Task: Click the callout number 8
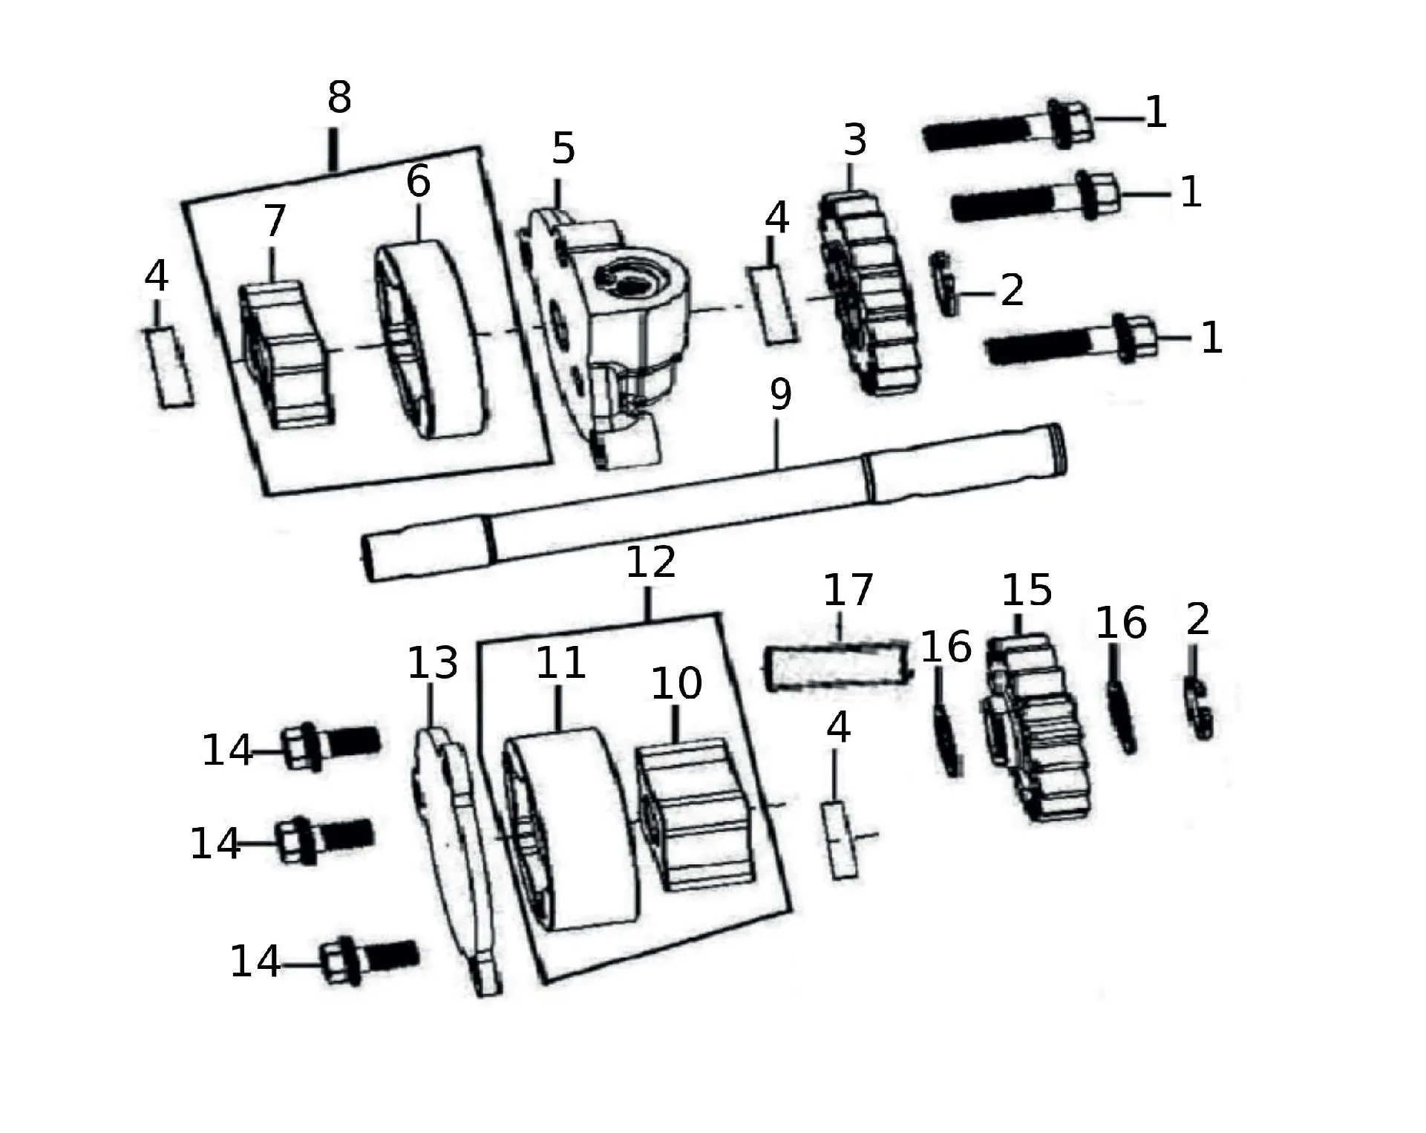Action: pyautogui.click(x=339, y=97)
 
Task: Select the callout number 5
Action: pyautogui.click(x=563, y=148)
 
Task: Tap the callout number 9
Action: pyautogui.click(x=780, y=394)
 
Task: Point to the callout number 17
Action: pyautogui.click(x=848, y=590)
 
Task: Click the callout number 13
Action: pyautogui.click(x=433, y=662)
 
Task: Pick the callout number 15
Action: pyautogui.click(x=1027, y=591)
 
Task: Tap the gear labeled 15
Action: pyautogui.click(x=1037, y=728)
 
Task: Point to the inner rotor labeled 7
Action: pyautogui.click(x=283, y=355)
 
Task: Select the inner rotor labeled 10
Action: pyautogui.click(x=695, y=814)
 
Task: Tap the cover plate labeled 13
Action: pyautogui.click(x=456, y=861)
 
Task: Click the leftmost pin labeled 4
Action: pyautogui.click(x=169, y=367)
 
